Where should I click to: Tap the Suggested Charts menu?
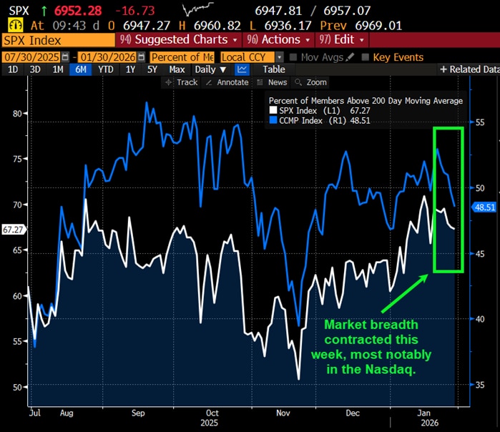coord(180,39)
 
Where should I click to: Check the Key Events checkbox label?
coord(398,57)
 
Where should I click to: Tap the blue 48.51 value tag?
coord(484,207)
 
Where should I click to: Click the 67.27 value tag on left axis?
coord(13,230)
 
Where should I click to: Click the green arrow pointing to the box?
coord(404,295)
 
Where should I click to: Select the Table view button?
coord(273,69)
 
